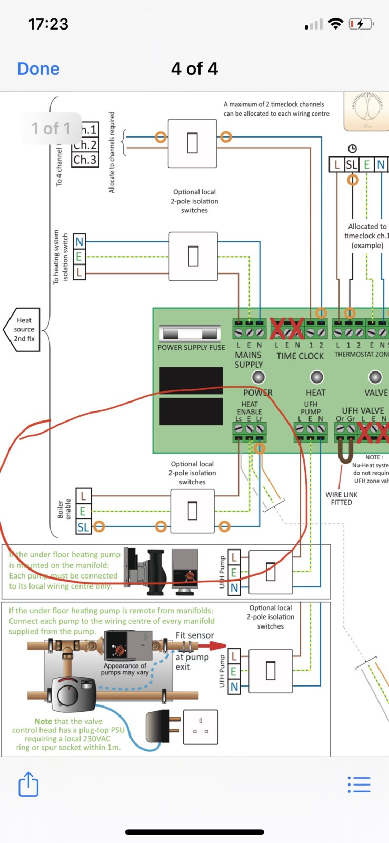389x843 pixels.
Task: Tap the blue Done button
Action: point(38,69)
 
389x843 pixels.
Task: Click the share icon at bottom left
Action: point(28,785)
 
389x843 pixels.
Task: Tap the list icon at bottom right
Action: point(359,785)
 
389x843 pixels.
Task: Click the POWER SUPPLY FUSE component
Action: point(190,334)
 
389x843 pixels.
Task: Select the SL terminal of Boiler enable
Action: point(83,526)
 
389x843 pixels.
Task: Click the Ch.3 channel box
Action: point(85,159)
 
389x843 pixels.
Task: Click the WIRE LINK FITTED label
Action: point(341,498)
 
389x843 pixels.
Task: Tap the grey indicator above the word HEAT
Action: point(316,377)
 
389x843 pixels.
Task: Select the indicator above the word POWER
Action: point(258,377)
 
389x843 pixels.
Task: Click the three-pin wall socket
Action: point(201,727)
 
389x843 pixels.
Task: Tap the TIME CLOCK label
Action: point(300,356)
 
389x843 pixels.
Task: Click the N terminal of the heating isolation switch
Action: point(79,242)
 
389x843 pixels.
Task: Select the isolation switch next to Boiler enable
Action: point(193,511)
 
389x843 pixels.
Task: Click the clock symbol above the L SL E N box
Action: point(352,149)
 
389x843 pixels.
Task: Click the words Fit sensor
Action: point(195,635)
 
